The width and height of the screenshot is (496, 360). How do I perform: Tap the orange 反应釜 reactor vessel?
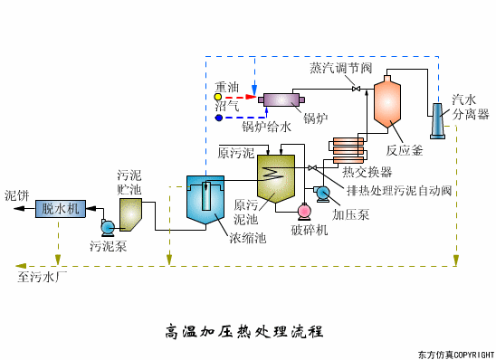[x=387, y=102]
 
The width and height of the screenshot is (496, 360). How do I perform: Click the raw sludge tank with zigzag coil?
[x=275, y=176]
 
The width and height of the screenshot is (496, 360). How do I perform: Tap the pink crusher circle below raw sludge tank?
[x=303, y=211]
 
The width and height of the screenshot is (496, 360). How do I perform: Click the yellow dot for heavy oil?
[x=218, y=95]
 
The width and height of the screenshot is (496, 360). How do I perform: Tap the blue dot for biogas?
[x=218, y=118]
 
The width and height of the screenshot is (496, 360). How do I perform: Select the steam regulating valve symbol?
[x=356, y=88]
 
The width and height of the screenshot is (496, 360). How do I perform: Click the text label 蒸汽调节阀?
[x=340, y=68]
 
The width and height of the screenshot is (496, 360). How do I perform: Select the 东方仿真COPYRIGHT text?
[x=455, y=354]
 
